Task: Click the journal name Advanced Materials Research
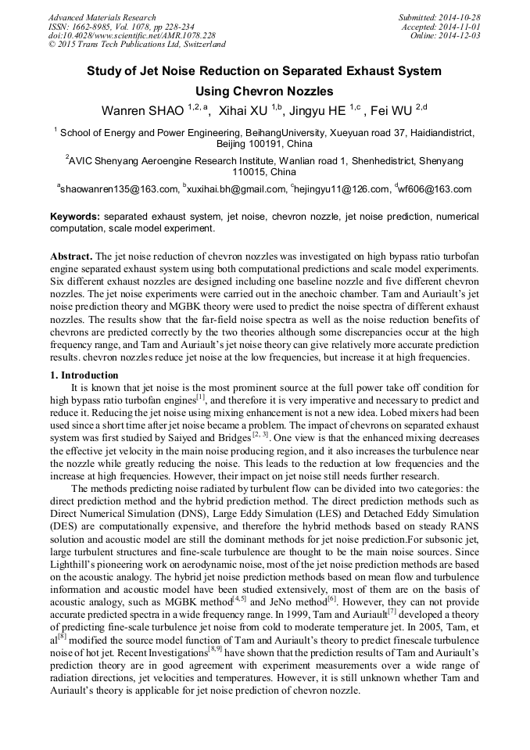tap(102, 17)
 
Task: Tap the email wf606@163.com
tap(435, 188)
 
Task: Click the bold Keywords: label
tap(75, 216)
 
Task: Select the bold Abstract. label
tap(71, 257)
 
